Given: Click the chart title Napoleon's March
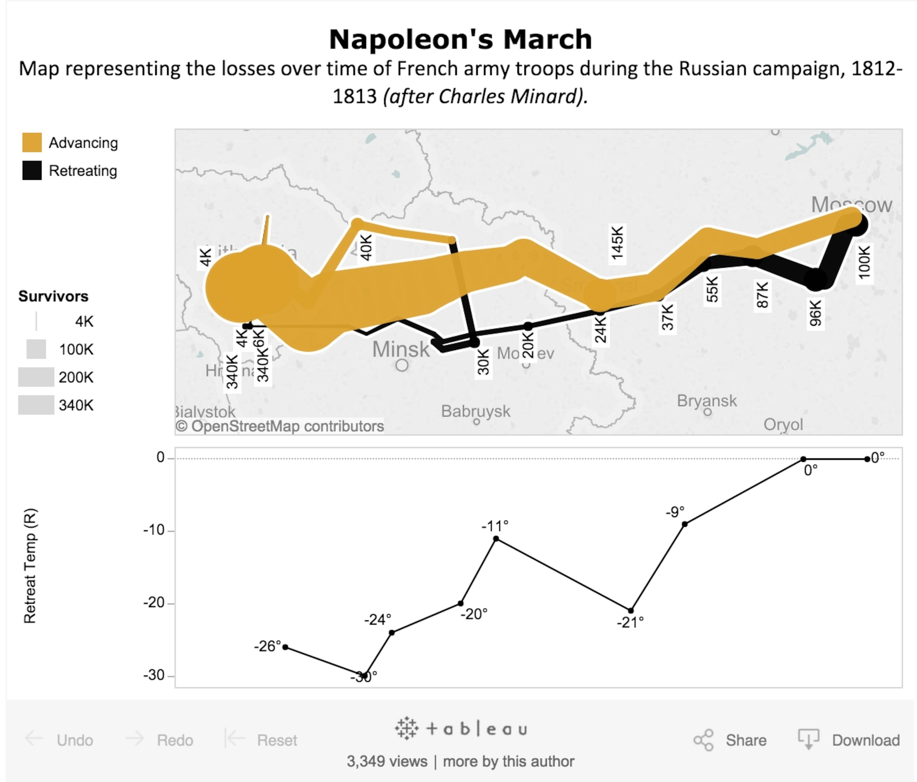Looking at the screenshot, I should [460, 39].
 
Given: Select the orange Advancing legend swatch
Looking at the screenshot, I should [32, 142].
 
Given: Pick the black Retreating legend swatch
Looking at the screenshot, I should [32, 171].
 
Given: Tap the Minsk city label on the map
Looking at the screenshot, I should [401, 349].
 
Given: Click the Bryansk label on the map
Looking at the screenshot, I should [707, 401].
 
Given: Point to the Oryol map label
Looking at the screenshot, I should [783, 425].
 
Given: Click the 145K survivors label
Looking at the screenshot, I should [617, 243].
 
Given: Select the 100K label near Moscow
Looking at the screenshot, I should [864, 262].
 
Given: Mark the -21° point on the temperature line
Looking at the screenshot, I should [631, 611].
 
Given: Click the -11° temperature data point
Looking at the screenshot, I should [496, 539].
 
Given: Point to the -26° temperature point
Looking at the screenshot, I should [285, 647].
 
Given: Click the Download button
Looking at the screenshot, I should [849, 740].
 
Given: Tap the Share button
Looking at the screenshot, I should [730, 740].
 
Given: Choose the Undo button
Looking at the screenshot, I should [59, 740].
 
